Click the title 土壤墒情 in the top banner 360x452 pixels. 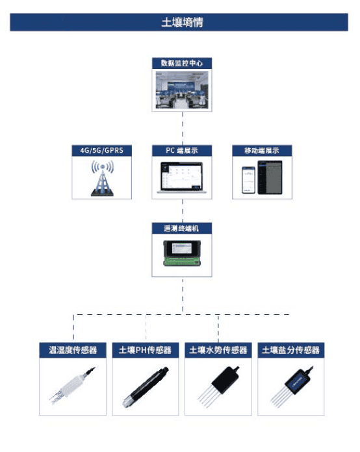tap(182, 22)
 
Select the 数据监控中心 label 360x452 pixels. tap(182, 63)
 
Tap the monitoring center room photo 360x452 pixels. tap(182, 90)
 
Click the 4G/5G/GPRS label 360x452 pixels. tap(101, 150)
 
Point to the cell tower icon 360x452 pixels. tap(102, 178)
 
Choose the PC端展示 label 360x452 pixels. tap(182, 150)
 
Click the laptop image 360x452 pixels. tap(182, 178)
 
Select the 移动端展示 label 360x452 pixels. tap(262, 150)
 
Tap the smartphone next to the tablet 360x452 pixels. tap(248, 180)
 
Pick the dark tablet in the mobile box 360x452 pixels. tap(270, 178)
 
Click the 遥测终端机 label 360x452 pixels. tap(181, 228)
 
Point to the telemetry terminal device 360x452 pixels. tap(182, 253)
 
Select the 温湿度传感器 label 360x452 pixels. tap(73, 350)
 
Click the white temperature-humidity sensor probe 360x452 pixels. tap(72, 385)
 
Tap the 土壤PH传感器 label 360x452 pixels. tap(145, 350)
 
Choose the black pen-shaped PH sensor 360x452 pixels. tap(146, 387)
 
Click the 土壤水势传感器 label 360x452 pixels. tap(218, 350)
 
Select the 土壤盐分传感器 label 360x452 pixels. tap(291, 350)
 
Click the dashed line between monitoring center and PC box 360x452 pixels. tap(183, 128)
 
